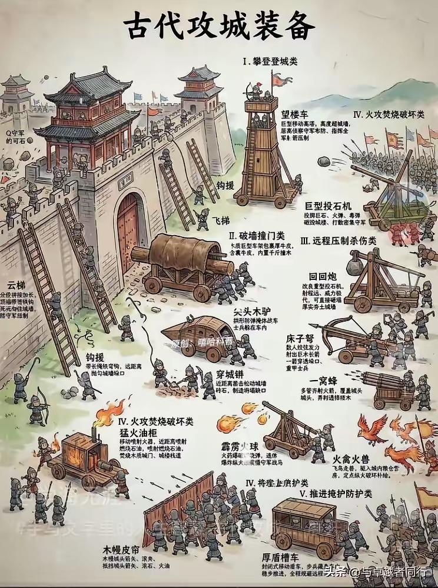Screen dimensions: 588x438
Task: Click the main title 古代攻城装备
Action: (219, 27)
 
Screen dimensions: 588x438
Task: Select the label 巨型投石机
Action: (328, 206)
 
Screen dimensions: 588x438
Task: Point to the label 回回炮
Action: (322, 275)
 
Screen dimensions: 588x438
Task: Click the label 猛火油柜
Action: (138, 432)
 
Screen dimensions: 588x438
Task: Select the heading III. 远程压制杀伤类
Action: (338, 240)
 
